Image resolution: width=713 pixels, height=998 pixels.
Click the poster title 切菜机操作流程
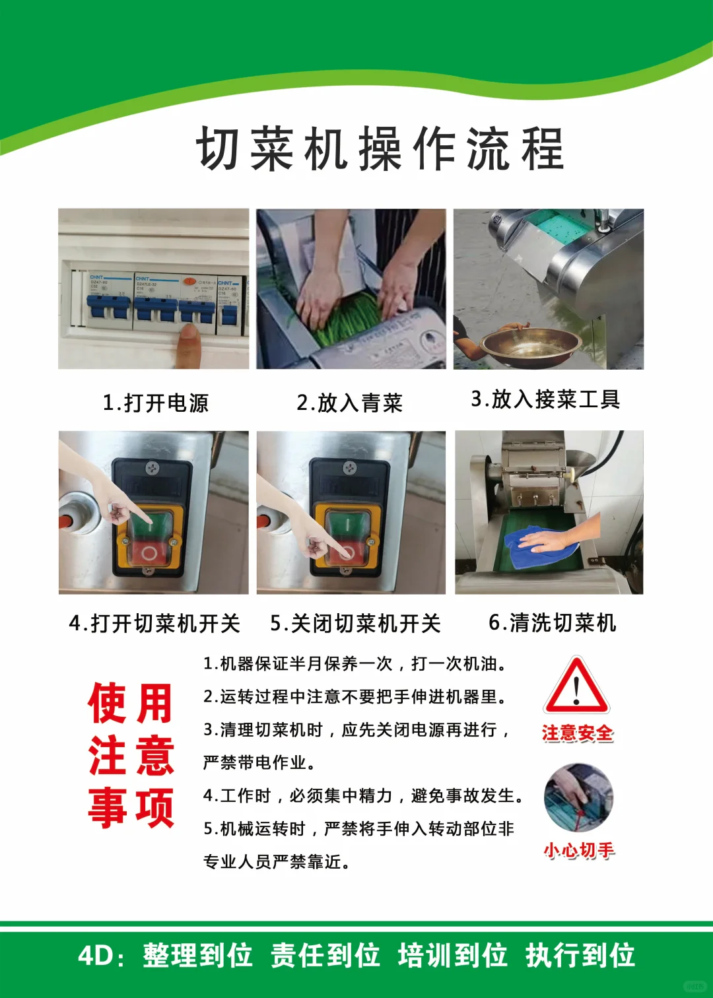(x=380, y=149)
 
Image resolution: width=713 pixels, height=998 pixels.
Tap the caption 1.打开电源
(x=156, y=403)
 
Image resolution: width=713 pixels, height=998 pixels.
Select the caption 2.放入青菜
(x=349, y=403)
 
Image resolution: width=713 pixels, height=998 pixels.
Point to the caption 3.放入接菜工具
(x=545, y=399)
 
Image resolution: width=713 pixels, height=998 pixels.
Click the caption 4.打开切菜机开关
(x=154, y=623)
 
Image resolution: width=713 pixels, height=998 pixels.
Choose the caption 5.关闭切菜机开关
(x=355, y=623)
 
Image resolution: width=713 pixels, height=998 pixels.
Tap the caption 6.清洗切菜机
(x=552, y=622)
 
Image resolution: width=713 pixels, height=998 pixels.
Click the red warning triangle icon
(x=576, y=686)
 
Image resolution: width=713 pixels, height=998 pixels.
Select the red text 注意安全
(x=578, y=733)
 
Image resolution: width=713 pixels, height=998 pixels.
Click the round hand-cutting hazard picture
(x=578, y=798)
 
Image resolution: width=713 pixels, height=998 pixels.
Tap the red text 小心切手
(x=579, y=850)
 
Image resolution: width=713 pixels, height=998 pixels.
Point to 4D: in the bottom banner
(x=101, y=955)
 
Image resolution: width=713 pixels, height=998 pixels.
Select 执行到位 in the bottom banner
(x=580, y=955)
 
